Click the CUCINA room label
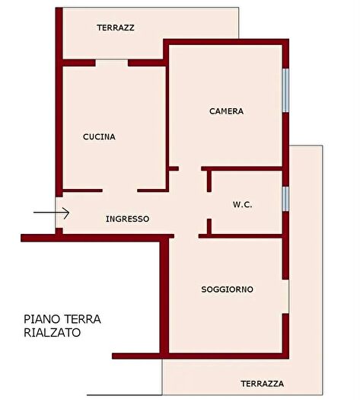pyautogui.click(x=99, y=137)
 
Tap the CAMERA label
pyautogui.click(x=226, y=111)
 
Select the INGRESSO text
pyautogui.click(x=127, y=219)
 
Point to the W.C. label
pyautogui.click(x=242, y=205)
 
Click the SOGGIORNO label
pyautogui.click(x=227, y=290)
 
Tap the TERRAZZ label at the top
pyautogui.click(x=116, y=27)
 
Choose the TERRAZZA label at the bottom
pyautogui.click(x=263, y=383)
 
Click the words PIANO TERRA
pyautogui.click(x=62, y=319)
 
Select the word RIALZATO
pyautogui.click(x=52, y=333)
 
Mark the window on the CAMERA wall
pyautogui.click(x=285, y=91)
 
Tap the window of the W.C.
pyautogui.click(x=285, y=198)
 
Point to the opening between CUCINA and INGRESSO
pyautogui.click(x=119, y=190)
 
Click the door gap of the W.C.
pyautogui.click(x=209, y=206)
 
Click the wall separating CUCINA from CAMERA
pyautogui.click(x=166, y=114)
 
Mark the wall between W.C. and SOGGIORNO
pyautogui.click(x=244, y=235)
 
